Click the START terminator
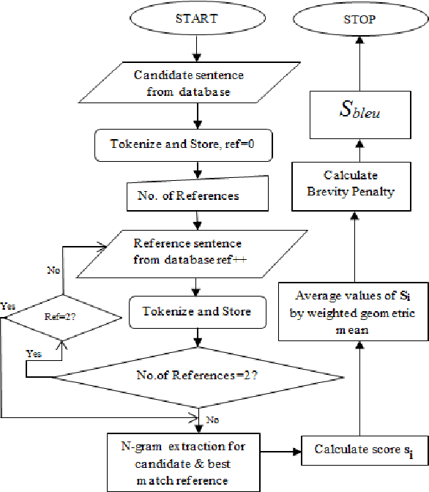(195, 20)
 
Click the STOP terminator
(360, 20)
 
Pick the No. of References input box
(194, 196)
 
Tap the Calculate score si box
(359, 449)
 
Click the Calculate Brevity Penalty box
(359, 184)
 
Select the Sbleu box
(359, 113)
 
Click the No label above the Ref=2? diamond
(53, 270)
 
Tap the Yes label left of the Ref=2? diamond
(9, 305)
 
